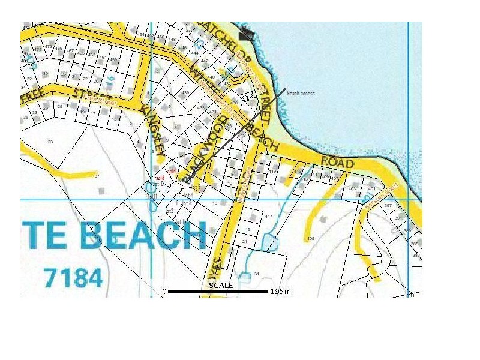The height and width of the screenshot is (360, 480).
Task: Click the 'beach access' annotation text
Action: [301, 94]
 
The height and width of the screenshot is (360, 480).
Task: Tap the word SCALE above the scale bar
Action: [221, 285]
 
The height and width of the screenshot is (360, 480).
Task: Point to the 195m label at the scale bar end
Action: [280, 292]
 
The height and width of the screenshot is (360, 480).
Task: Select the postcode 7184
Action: [73, 277]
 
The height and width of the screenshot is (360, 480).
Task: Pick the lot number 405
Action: [310, 239]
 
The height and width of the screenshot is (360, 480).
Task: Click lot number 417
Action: [268, 216]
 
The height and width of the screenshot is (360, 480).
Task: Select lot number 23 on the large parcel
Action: [50, 142]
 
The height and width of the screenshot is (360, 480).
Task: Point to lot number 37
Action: [97, 176]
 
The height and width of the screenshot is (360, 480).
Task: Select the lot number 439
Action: [185, 92]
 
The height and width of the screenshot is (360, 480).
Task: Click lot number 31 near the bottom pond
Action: [256, 274]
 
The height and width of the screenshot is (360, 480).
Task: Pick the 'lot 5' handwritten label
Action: [188, 196]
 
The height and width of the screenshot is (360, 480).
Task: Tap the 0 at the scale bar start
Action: [164, 292]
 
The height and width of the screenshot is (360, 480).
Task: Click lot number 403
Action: [352, 189]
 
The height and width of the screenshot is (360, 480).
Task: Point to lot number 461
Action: [103, 58]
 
